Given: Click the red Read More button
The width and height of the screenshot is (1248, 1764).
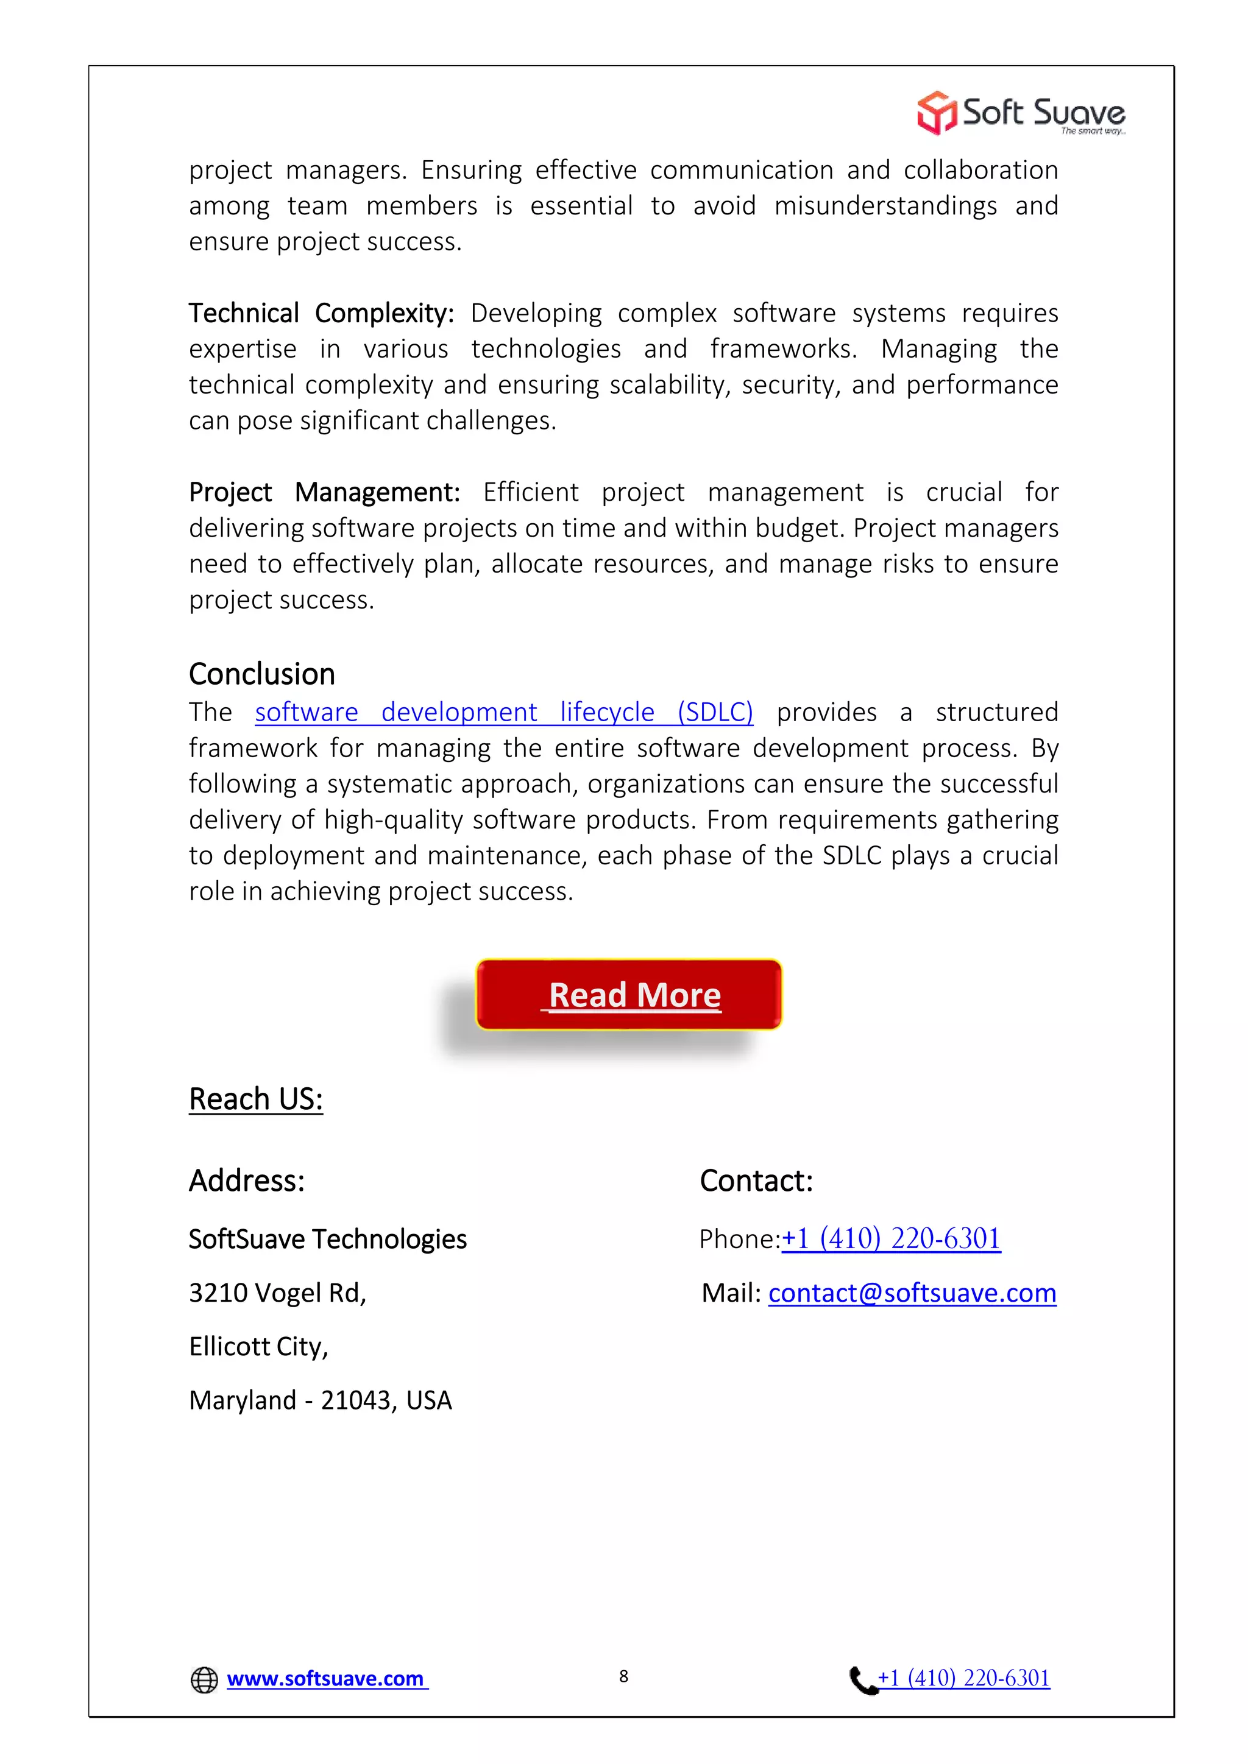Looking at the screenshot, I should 629,994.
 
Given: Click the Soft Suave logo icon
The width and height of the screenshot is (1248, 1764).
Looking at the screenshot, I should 936,113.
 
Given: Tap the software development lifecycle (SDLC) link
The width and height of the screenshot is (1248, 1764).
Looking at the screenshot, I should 503,712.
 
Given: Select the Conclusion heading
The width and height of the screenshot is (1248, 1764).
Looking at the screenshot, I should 262,674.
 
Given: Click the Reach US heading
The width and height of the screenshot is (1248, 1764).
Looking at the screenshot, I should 256,1099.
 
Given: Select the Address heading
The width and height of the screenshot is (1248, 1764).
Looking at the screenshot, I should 247,1180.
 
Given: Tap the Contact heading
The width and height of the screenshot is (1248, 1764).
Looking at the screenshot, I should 756,1180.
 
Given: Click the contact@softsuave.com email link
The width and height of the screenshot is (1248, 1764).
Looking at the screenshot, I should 912,1293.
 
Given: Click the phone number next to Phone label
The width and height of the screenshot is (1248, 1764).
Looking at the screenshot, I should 892,1238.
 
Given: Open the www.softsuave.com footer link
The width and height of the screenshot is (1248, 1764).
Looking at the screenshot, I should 326,1679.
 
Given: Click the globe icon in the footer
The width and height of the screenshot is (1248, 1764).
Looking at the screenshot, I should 204,1679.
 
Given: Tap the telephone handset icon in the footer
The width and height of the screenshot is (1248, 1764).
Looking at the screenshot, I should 862,1679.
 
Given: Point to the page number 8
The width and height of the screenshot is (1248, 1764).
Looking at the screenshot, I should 624,1676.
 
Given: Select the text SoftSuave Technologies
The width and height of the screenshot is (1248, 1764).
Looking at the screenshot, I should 327,1240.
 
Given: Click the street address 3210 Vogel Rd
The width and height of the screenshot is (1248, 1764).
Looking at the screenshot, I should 277,1293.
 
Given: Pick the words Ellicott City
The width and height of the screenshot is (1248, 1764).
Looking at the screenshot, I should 258,1347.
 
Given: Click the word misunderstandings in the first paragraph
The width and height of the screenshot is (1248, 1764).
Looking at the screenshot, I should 885,206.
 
